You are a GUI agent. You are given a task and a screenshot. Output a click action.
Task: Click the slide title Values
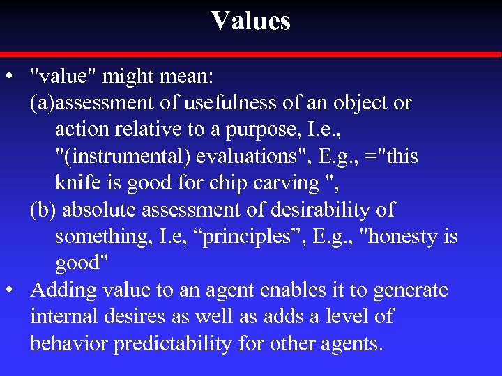pyautogui.click(x=251, y=21)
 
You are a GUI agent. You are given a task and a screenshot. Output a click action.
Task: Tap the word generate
pyautogui.click(x=411, y=290)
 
